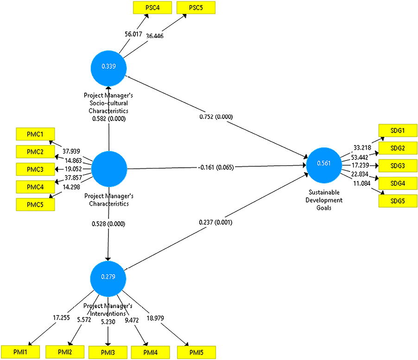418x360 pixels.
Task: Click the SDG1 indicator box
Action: click(x=398, y=131)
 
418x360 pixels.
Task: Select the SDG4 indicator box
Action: click(x=398, y=183)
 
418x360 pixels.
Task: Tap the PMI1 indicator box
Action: click(x=20, y=352)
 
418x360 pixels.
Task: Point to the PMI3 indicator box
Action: click(x=108, y=352)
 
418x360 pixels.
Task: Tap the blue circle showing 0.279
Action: click(x=108, y=277)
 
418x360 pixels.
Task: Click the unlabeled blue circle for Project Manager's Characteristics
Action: click(x=109, y=169)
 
